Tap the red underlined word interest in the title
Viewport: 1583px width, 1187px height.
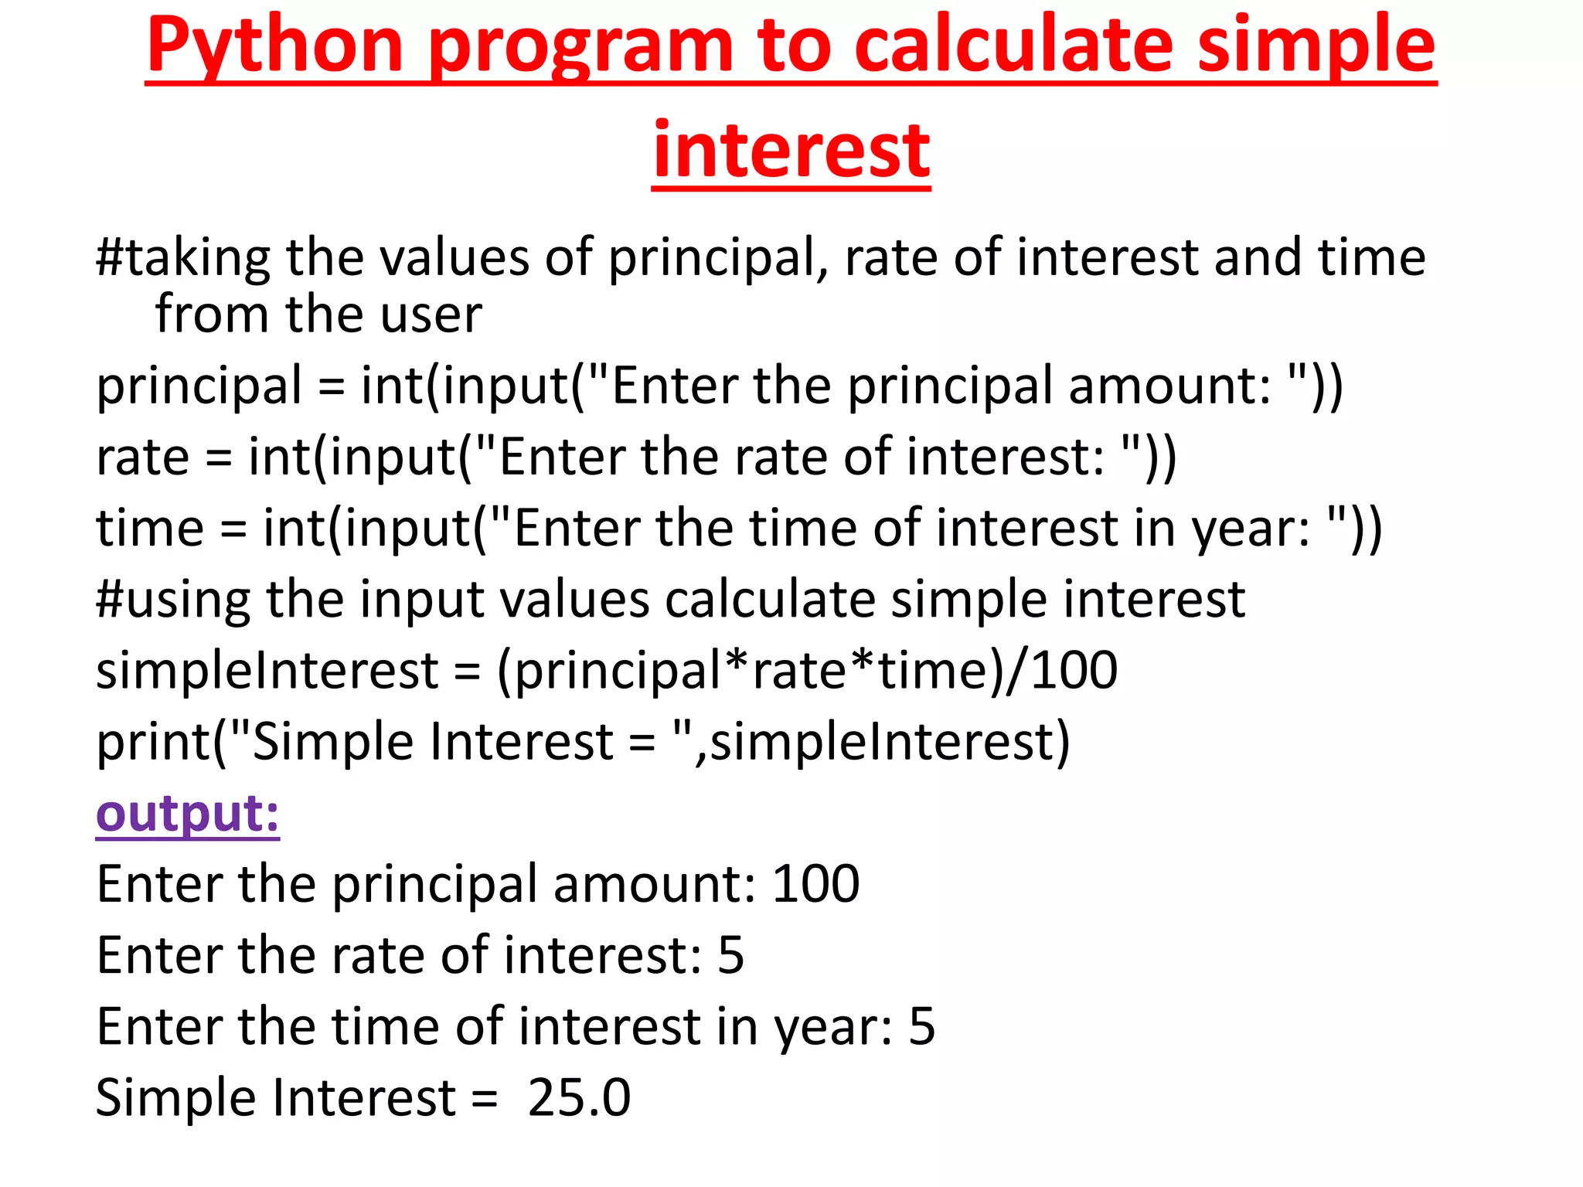click(791, 150)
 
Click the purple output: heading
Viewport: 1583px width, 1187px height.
click(187, 813)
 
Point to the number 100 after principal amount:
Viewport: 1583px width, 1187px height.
click(815, 883)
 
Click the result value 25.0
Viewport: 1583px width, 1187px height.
click(579, 1097)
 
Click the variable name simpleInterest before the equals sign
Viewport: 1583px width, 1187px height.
click(267, 670)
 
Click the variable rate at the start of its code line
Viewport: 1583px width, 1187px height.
click(142, 457)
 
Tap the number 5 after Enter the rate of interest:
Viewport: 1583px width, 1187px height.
click(730, 955)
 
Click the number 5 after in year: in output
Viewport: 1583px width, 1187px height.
click(921, 1026)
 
